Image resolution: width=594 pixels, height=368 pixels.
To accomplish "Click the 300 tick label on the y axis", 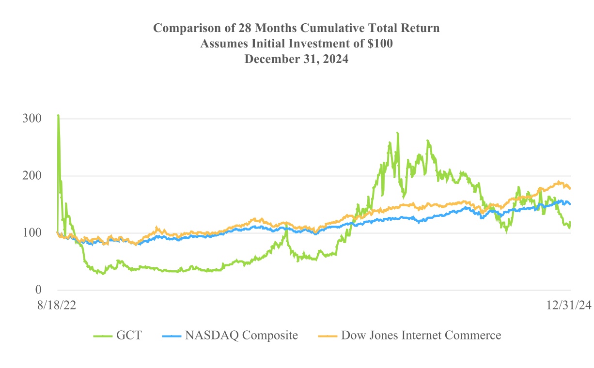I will point(31,119).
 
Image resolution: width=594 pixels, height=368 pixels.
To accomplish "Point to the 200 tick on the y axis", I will point(31,176).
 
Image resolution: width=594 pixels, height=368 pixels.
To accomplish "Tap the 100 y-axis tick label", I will point(31,233).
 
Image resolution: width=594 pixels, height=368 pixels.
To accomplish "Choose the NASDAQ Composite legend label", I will point(241,335).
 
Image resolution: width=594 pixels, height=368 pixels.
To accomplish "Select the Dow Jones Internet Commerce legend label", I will point(421,335).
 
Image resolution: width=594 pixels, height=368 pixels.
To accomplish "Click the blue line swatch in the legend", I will point(171,335).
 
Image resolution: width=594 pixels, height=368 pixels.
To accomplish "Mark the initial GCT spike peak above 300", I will point(58,115).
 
